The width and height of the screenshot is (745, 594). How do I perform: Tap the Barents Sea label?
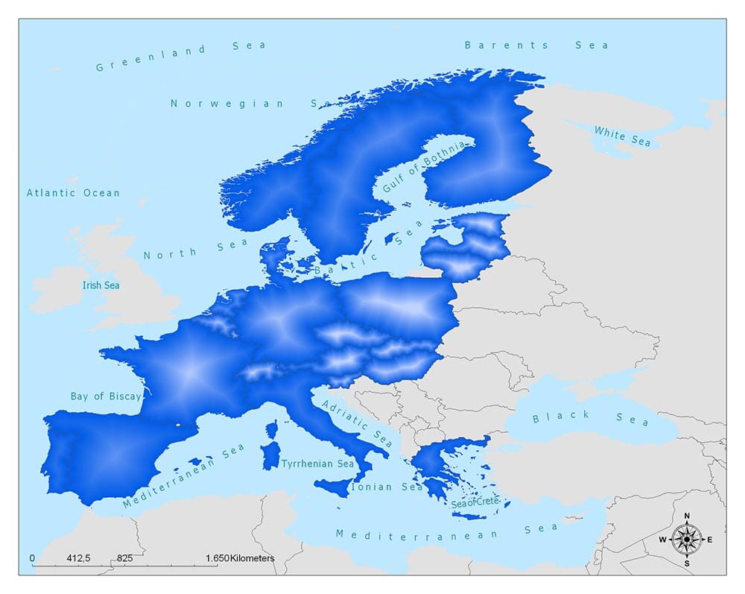[536, 45]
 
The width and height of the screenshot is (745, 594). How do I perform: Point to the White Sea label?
[622, 136]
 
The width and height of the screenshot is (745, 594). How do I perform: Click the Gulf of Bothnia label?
[423, 167]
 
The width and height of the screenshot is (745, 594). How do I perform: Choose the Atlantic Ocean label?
[73, 193]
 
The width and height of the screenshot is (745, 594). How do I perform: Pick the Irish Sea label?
[101, 285]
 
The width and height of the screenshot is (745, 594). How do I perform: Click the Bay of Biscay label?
[105, 396]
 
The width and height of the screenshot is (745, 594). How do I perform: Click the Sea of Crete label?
[474, 503]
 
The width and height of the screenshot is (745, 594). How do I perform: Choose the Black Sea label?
[590, 417]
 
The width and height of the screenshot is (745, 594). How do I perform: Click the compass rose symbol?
[686, 539]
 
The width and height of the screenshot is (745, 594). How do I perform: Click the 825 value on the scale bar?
[124, 558]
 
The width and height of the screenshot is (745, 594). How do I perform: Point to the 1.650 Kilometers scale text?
[240, 558]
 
